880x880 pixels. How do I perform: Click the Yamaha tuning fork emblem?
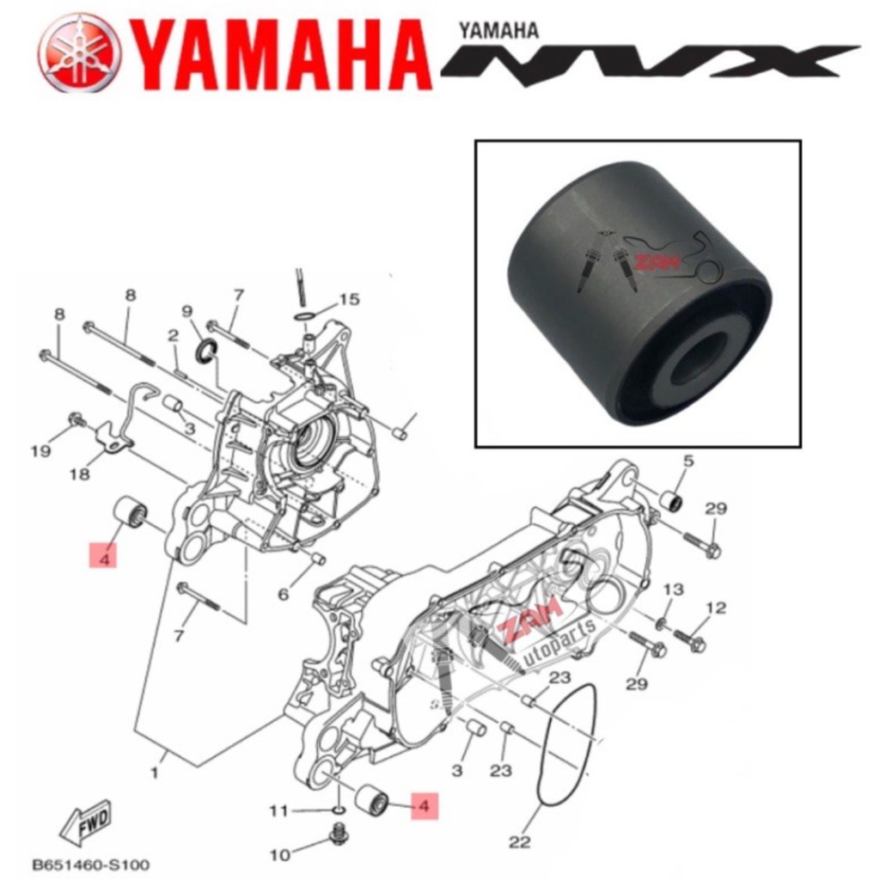(x=79, y=52)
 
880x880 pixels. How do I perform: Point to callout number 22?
(x=519, y=841)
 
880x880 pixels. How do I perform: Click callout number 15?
(x=348, y=300)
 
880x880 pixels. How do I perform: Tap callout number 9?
(x=186, y=310)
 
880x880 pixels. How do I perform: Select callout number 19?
(x=40, y=451)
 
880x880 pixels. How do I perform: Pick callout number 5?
(x=687, y=461)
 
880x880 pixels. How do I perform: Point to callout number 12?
(x=716, y=608)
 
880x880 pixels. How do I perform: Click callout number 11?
(x=277, y=810)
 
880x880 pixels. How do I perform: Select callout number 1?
(x=156, y=773)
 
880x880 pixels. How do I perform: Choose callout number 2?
(x=173, y=335)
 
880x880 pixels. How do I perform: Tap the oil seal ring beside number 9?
(x=207, y=351)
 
